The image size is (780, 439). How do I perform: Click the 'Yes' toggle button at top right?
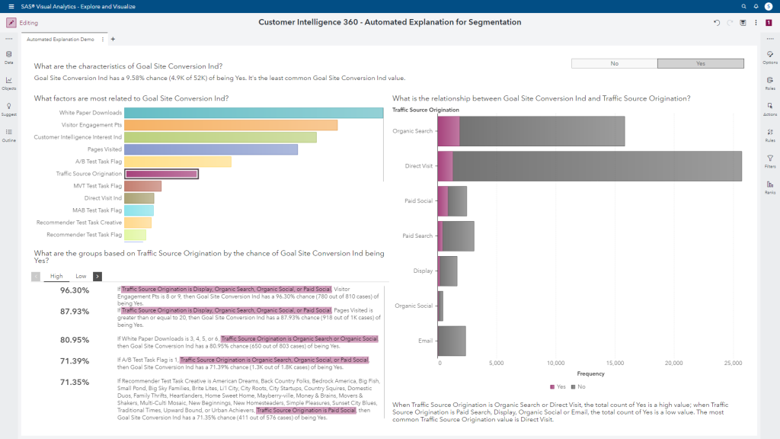[x=700, y=64]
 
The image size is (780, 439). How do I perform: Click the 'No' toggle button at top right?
[x=614, y=64]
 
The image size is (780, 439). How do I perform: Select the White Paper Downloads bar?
[x=253, y=113]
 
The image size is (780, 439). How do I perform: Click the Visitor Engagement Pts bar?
[x=230, y=125]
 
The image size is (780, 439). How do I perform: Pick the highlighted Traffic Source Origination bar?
[x=161, y=174]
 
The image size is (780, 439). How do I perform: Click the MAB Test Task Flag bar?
[x=139, y=210]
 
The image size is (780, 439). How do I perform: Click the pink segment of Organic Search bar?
[x=449, y=131]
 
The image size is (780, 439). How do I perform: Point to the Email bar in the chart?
[x=452, y=341]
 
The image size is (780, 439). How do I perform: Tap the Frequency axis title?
[x=590, y=373]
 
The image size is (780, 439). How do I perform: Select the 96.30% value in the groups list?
[x=75, y=290]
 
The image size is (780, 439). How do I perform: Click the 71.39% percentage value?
[x=75, y=360]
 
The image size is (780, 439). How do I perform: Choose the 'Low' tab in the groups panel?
[x=81, y=277]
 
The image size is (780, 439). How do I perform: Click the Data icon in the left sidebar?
[x=8, y=57]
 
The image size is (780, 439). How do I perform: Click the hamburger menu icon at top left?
[x=10, y=6]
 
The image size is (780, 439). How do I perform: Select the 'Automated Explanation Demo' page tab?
[x=61, y=39]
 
